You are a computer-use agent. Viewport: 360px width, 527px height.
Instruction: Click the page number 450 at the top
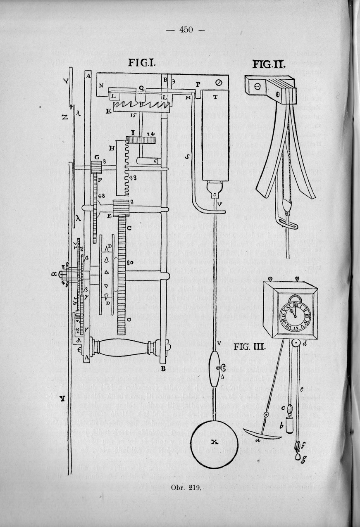(186, 30)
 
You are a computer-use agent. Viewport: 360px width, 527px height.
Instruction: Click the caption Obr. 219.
(186, 487)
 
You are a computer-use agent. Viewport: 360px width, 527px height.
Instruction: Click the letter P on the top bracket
(198, 84)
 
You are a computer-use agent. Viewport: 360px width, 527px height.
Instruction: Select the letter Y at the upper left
(66, 81)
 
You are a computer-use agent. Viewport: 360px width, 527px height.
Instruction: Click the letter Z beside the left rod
(65, 117)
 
